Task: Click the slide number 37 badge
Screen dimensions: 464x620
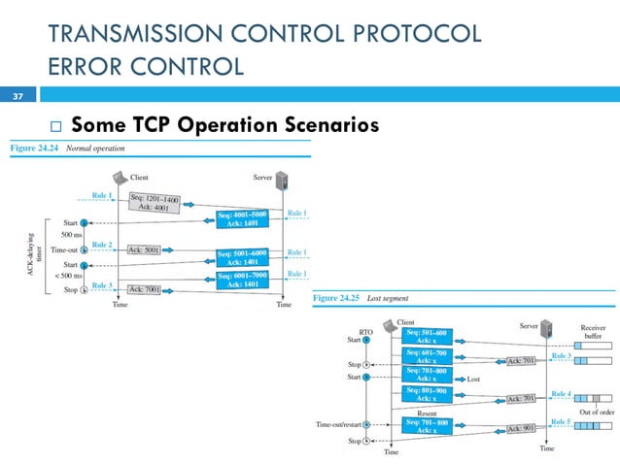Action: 17,97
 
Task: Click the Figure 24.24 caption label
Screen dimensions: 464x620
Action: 35,149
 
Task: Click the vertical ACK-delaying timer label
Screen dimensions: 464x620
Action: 36,254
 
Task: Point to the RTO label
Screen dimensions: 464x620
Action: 365,331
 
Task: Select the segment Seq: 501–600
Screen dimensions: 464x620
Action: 426,336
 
